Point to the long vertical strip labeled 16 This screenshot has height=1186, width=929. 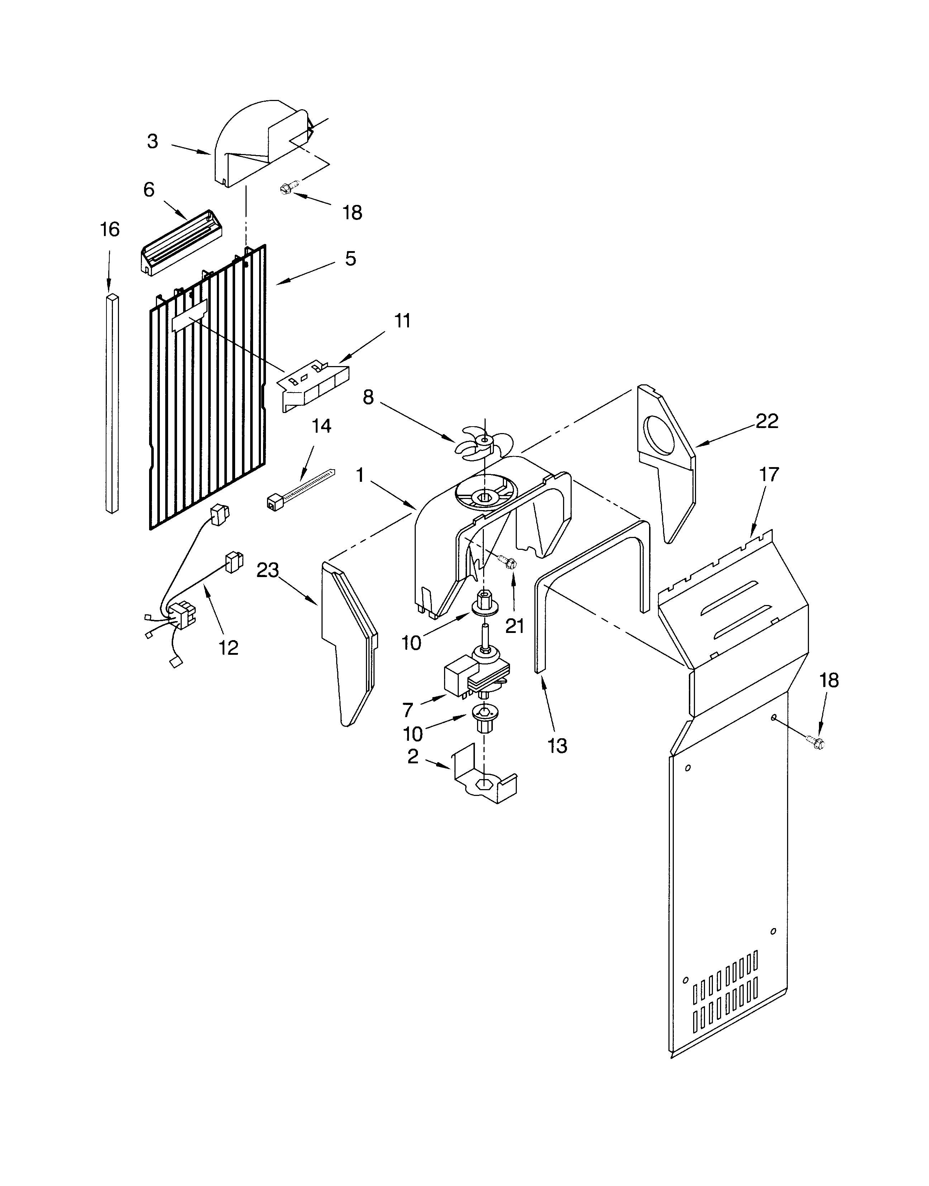[112, 402]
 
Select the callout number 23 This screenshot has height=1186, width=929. [268, 571]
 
